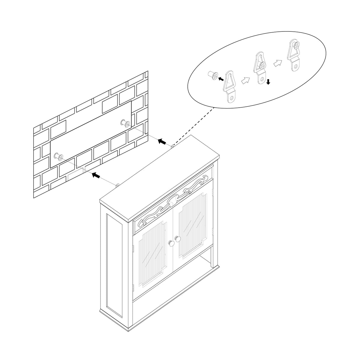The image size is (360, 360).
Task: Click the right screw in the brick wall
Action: pyautogui.click(x=125, y=122)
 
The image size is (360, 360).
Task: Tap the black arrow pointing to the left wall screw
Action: pyautogui.click(x=95, y=175)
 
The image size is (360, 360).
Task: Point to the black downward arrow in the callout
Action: pyautogui.click(x=268, y=82)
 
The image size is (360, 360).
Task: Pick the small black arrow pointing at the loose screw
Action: pyautogui.click(x=221, y=79)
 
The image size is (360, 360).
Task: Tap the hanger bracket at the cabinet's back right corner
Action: pyautogui.click(x=172, y=146)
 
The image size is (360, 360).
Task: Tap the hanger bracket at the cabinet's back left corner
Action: pyautogui.click(x=117, y=185)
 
